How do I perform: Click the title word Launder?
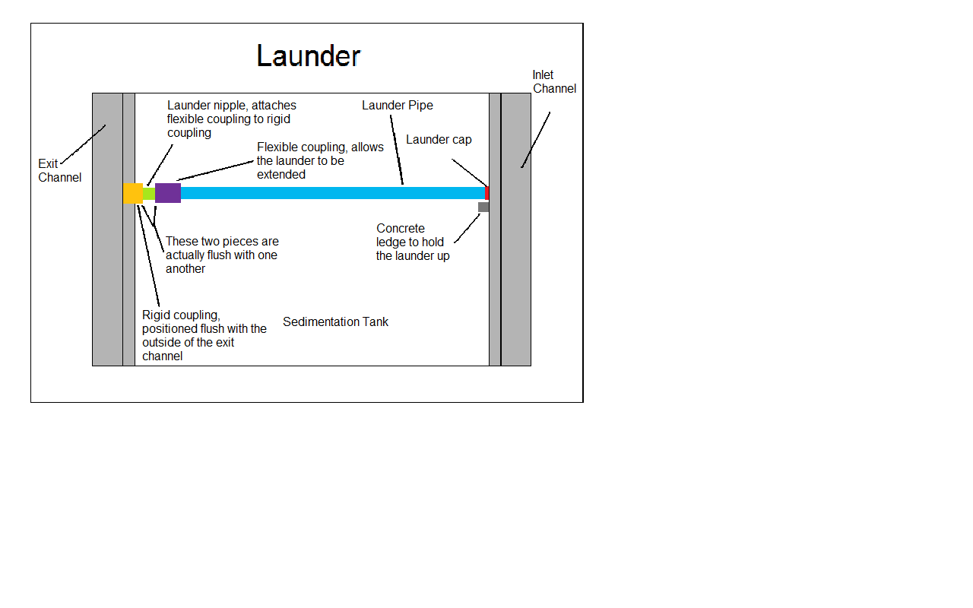(x=309, y=56)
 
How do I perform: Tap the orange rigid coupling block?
(x=133, y=193)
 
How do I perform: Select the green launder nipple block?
(x=149, y=194)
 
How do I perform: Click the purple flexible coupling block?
(x=168, y=193)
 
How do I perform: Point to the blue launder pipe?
(x=333, y=193)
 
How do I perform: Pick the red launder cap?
(x=487, y=193)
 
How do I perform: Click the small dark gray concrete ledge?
(x=483, y=207)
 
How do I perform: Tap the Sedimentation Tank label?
(x=335, y=321)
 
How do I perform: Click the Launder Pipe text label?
(x=398, y=106)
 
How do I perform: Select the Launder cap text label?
(x=439, y=140)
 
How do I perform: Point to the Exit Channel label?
(x=59, y=171)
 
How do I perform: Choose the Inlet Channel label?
(x=554, y=81)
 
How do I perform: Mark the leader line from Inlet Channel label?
(x=536, y=140)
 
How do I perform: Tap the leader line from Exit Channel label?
(x=83, y=144)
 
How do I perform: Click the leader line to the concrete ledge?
(x=467, y=229)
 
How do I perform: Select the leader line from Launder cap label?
(x=470, y=173)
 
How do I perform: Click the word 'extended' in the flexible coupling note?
(x=281, y=175)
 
